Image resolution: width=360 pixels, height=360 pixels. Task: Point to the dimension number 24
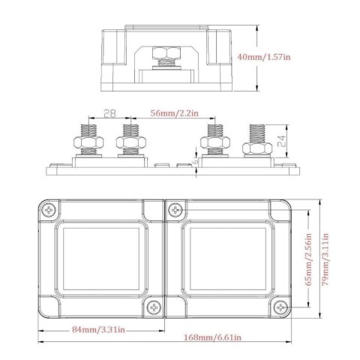coord(279,141)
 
